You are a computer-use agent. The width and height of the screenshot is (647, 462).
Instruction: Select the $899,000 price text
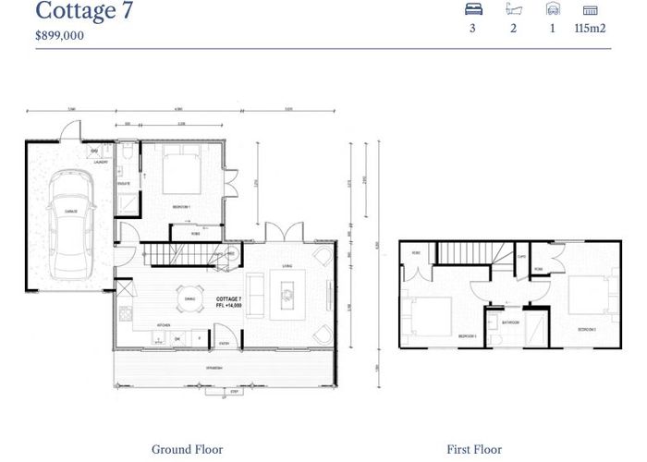[x=59, y=35]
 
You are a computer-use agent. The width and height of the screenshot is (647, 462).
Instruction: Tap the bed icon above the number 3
[x=473, y=9]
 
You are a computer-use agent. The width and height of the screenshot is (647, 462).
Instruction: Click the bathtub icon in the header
[x=514, y=9]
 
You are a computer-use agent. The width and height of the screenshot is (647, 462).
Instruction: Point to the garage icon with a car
[x=553, y=9]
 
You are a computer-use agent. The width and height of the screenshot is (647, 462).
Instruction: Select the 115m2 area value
[x=590, y=29]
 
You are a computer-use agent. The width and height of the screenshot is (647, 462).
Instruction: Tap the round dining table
[x=190, y=298]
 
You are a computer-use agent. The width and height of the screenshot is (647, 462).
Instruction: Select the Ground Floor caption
[x=188, y=450]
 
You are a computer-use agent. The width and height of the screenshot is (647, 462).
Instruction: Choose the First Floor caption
[x=474, y=450]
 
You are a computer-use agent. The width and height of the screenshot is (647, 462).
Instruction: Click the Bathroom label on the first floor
[x=508, y=322]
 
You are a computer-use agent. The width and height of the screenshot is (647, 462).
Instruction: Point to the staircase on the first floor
[x=467, y=253]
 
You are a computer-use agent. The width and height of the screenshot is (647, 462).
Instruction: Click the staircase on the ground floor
[x=185, y=251]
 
